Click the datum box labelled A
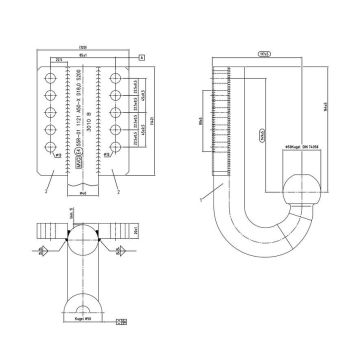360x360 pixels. tap(142, 59)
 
